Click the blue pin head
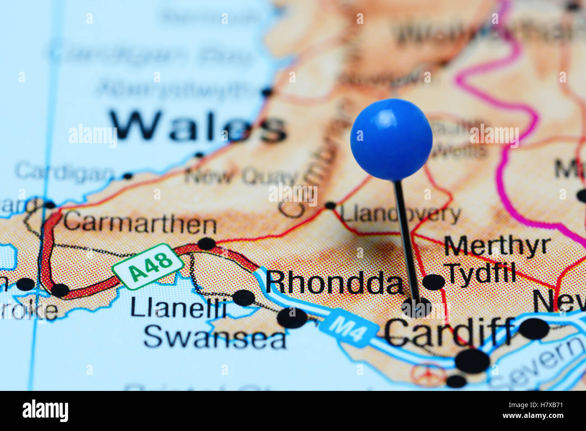pyautogui.click(x=391, y=140)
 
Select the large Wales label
pyautogui.click(x=198, y=127)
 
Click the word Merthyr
pyautogui.click(x=497, y=246)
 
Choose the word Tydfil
pyautogui.click(x=480, y=272)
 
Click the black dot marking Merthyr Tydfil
pyautogui.click(x=434, y=282)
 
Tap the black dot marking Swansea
pyautogui.click(x=292, y=318)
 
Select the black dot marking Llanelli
pyautogui.click(x=243, y=298)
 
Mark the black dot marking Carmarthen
pyautogui.click(x=206, y=244)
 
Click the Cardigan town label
pyautogui.click(x=64, y=172)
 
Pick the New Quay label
pyautogui.click(x=241, y=176)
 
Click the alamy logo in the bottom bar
pyautogui.click(x=45, y=411)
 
